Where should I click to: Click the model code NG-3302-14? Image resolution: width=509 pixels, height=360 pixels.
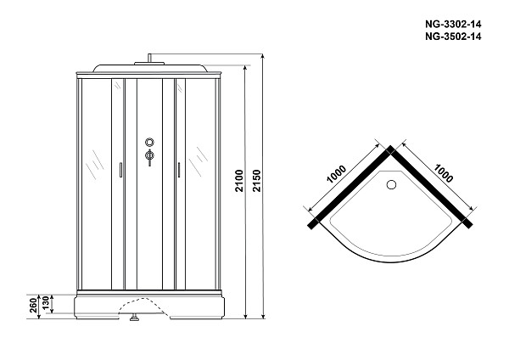coord(453,25)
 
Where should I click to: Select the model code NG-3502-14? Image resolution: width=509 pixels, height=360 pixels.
coord(453,37)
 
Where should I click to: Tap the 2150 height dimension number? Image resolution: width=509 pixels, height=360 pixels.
coord(257,181)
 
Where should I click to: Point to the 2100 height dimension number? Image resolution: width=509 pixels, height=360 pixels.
coord(239,181)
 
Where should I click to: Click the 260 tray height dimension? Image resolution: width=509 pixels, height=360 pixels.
coord(33,306)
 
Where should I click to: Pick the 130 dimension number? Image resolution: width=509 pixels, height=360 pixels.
coord(46,302)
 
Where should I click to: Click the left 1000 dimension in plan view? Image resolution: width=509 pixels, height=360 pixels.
coord(336,174)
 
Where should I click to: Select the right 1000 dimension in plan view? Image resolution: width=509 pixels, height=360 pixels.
coord(443,173)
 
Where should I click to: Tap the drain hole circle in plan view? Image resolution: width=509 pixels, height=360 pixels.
coord(391,184)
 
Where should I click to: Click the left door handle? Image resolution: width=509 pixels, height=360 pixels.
coord(120,170)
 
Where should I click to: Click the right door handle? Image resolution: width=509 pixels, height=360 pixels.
coord(178,170)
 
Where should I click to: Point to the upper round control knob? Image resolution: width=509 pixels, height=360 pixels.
coord(149,142)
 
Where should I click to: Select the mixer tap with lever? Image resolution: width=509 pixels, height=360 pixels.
coord(149,157)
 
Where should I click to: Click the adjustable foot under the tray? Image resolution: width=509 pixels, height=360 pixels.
coord(134,317)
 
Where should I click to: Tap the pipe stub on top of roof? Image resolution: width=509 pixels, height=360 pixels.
coord(149,58)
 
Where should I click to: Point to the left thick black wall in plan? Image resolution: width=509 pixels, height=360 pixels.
coord(351,188)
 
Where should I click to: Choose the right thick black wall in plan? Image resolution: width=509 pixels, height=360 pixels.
coord(431,188)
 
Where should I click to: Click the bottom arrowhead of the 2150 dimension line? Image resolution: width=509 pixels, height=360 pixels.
coord(263,316)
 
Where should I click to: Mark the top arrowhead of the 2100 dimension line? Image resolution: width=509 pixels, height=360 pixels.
coord(245,69)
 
